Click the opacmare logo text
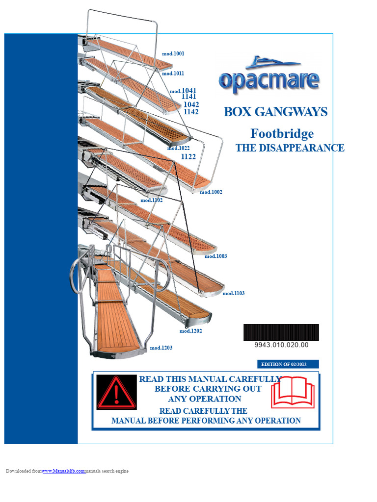(x=269, y=81)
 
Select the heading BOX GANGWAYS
(x=275, y=112)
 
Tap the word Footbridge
(x=282, y=133)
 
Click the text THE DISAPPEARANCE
(x=290, y=148)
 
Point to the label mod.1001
(x=173, y=53)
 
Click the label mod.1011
(x=173, y=74)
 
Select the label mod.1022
(x=178, y=148)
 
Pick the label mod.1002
(x=211, y=192)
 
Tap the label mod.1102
(x=151, y=200)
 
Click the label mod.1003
(x=215, y=256)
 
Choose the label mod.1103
(x=233, y=294)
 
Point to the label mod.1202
(x=190, y=331)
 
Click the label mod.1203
(x=161, y=348)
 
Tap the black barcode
(x=281, y=332)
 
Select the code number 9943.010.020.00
(x=281, y=345)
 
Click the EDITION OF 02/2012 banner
(x=288, y=364)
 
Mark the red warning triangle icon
(x=116, y=392)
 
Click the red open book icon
(x=292, y=392)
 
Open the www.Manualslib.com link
(x=63, y=471)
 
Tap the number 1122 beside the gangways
(x=188, y=157)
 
